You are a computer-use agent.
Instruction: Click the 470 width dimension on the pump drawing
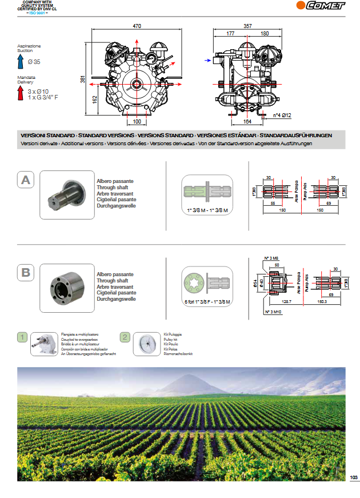click(137, 26)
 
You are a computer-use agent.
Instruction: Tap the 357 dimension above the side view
click(247, 26)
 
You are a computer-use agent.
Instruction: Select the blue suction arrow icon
click(20, 61)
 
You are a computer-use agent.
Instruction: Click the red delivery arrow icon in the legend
click(20, 91)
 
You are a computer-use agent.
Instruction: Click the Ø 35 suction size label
click(34, 61)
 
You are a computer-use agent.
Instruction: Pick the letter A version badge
click(25, 181)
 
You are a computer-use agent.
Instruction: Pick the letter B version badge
click(25, 273)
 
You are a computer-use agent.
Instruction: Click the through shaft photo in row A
click(66, 195)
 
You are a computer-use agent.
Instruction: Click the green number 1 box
click(22, 337)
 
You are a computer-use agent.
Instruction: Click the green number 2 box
click(124, 337)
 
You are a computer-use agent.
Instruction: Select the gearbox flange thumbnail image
click(43, 344)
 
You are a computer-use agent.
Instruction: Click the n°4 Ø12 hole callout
click(282, 115)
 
